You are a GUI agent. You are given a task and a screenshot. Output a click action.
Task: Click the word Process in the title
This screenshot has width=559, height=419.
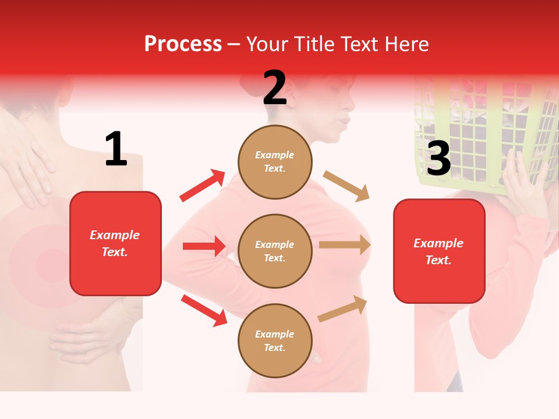tap(183, 44)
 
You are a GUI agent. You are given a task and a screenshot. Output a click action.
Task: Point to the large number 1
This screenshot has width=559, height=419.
tap(116, 149)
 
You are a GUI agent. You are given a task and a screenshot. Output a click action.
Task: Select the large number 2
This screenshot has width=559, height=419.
tap(275, 88)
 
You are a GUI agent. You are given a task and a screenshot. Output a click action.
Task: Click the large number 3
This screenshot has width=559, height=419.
tap(438, 158)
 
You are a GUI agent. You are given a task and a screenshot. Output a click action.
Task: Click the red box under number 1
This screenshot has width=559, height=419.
tap(115, 243)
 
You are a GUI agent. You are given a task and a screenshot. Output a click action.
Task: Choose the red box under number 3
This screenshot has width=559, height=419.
tap(439, 251)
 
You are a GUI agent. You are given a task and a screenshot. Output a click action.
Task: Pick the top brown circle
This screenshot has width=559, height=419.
tap(275, 162)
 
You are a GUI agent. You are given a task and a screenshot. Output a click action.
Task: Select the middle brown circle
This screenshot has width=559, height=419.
tap(275, 251)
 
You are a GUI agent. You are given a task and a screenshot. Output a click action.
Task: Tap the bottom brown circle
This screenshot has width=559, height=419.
tap(275, 340)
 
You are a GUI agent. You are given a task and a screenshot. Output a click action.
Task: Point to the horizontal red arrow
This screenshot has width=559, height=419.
tap(204, 246)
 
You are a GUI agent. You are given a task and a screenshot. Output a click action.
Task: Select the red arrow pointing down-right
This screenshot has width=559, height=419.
tap(204, 310)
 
